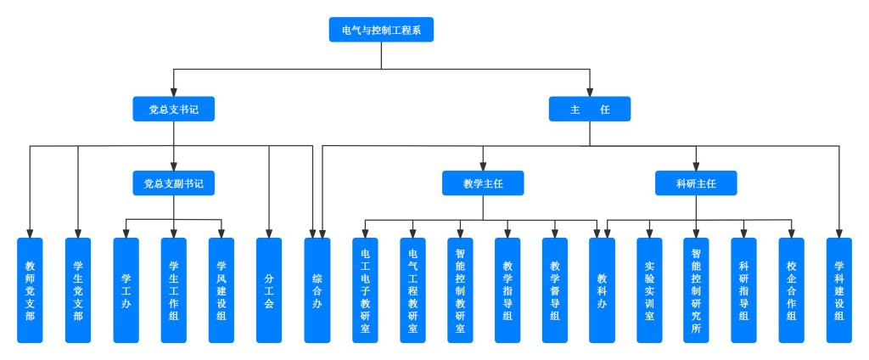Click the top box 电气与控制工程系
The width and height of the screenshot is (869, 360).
381,30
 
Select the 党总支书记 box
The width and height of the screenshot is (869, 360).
173,109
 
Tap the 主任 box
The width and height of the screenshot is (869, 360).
590,109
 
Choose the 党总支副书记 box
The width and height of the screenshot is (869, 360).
173,183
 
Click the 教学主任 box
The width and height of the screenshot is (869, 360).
483,183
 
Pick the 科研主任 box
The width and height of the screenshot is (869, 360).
696,183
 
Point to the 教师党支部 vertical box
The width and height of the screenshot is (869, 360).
30,290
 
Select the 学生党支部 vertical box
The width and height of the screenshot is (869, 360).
78,290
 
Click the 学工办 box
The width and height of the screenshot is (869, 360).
126,290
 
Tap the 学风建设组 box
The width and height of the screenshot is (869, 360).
221,290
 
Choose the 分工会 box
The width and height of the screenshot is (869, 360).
269,290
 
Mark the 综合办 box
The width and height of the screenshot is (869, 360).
317,290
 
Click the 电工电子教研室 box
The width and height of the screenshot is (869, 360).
365,290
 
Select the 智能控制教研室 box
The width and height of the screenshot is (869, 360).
461,290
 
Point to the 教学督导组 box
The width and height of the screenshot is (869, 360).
555,290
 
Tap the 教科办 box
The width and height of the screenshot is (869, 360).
602,290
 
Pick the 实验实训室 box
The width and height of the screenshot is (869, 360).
649,290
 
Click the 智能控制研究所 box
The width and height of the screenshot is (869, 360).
696,290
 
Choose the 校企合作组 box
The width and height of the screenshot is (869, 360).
792,290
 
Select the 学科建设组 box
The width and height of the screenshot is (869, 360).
839,290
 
